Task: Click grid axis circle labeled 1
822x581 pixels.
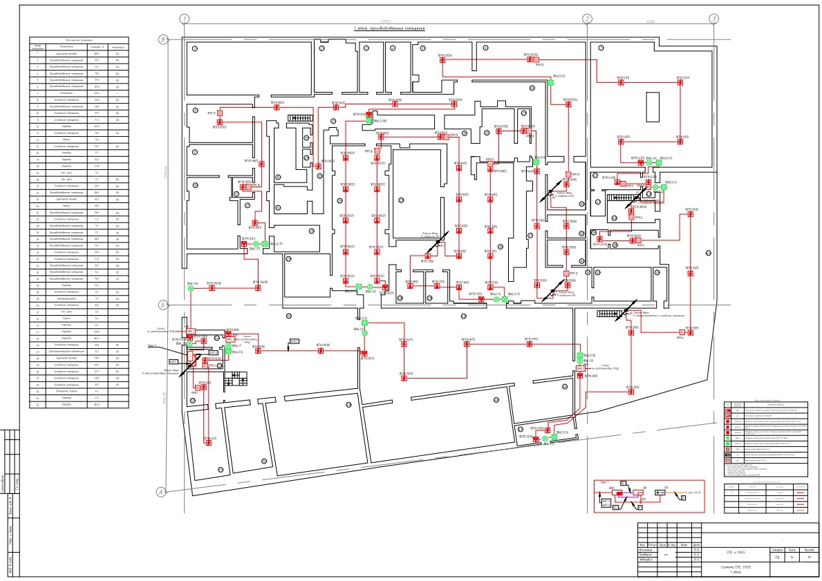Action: (x=184, y=19)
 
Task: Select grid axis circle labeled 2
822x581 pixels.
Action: (x=587, y=19)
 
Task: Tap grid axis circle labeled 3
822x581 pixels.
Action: (x=713, y=19)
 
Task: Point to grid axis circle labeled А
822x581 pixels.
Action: (x=162, y=492)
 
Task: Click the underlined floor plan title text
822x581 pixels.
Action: (x=388, y=29)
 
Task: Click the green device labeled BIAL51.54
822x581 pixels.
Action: (x=551, y=82)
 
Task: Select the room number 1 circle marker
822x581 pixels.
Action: (x=195, y=48)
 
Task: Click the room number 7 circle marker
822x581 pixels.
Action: (x=599, y=47)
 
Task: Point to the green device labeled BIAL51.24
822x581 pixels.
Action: (x=554, y=438)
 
